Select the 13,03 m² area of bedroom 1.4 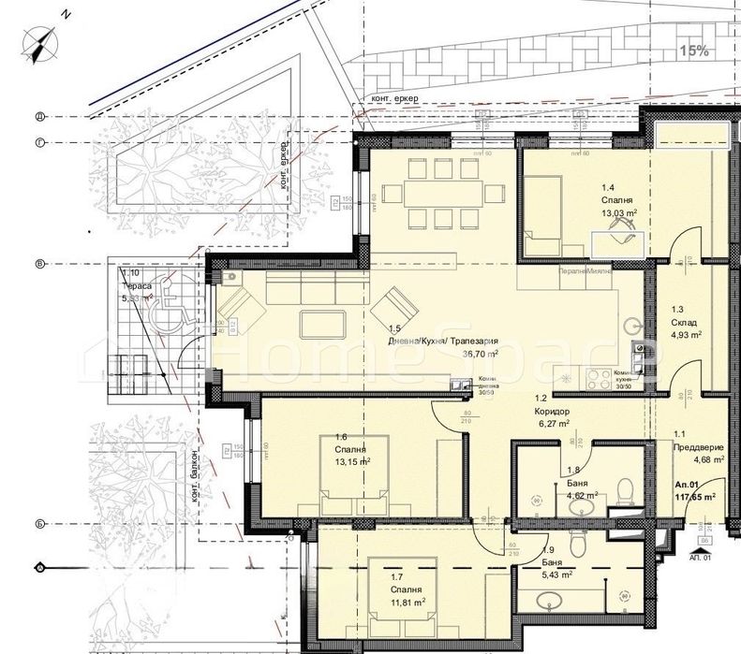[x=619, y=213]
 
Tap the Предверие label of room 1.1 [x=699, y=446]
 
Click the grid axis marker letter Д [x=39, y=117]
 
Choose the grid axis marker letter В [x=39, y=265]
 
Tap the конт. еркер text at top [x=394, y=98]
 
